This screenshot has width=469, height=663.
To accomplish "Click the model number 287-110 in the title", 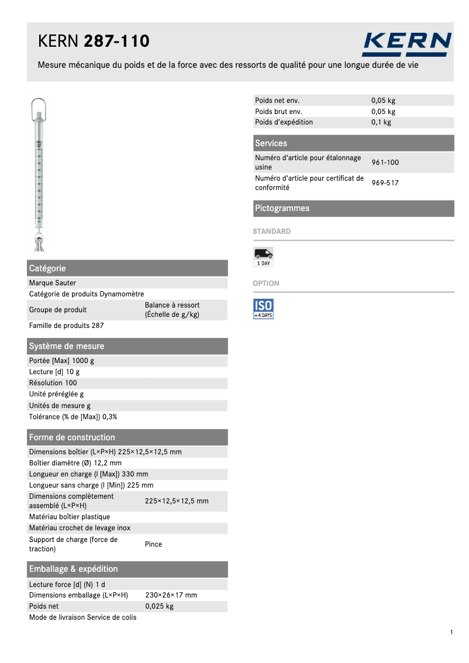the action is (x=117, y=42).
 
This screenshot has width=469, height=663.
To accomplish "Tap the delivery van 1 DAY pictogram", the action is (x=263, y=257).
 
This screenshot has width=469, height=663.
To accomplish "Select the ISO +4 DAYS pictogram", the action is (x=263, y=309).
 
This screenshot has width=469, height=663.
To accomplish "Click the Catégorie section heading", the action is (x=47, y=268).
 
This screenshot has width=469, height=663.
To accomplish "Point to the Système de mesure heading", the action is (x=67, y=346).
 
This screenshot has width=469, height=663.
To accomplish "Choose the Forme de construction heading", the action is (x=72, y=437).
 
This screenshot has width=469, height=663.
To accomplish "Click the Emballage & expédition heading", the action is (x=74, y=569).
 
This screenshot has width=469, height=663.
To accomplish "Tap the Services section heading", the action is (x=271, y=143).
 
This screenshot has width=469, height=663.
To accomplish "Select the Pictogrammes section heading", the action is (x=282, y=208).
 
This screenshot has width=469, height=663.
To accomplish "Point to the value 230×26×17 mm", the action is (x=171, y=595).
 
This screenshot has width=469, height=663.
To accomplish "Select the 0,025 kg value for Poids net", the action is (x=159, y=606).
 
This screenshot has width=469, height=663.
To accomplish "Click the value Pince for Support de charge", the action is (x=153, y=544).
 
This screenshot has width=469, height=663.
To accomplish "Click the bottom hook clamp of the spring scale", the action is (x=40, y=241).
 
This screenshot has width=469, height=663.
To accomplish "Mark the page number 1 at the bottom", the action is (x=452, y=632).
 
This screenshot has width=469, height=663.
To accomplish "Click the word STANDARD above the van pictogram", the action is (x=271, y=232).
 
